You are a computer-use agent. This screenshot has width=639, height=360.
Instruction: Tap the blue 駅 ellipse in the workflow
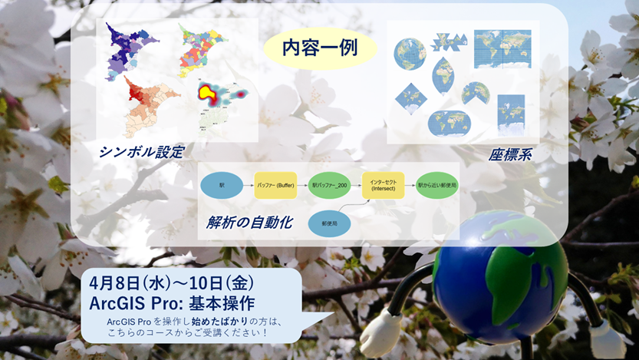(x=222, y=186)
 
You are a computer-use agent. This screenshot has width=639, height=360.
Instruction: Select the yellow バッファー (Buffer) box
(x=275, y=186)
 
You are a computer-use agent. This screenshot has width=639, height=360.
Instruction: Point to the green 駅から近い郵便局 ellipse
(x=436, y=186)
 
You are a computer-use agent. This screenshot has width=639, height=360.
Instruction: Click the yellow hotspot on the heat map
(x=208, y=94)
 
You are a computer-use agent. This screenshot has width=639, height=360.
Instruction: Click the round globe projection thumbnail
(x=410, y=53)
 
